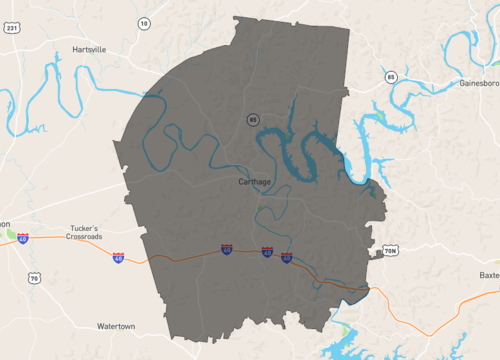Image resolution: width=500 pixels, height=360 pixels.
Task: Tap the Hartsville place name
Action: (x=89, y=48)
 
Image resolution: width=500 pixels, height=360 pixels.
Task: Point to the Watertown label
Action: (x=123, y=327)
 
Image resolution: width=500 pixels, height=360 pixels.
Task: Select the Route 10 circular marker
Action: (x=144, y=22)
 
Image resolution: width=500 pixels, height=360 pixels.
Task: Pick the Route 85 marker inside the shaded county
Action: (x=254, y=120)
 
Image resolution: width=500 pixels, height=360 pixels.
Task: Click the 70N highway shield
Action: (x=390, y=250)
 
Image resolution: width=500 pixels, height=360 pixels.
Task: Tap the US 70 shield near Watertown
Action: (x=34, y=278)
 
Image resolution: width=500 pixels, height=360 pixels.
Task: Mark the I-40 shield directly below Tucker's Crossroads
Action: (x=119, y=258)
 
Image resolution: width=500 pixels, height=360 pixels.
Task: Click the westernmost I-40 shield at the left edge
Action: (x=22, y=239)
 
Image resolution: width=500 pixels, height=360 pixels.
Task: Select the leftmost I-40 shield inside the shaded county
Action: (x=227, y=249)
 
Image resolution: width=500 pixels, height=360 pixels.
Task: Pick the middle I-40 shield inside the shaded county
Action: (x=266, y=253)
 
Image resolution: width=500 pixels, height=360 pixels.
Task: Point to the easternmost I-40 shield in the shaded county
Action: (x=287, y=258)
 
